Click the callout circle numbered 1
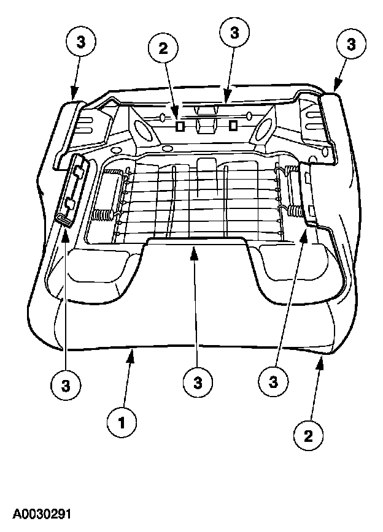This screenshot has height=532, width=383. [x=122, y=422]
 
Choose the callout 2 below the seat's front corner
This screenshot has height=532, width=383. [x=308, y=436]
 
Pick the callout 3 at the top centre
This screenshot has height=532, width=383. [x=234, y=33]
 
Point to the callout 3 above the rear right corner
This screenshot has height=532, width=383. [x=350, y=44]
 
